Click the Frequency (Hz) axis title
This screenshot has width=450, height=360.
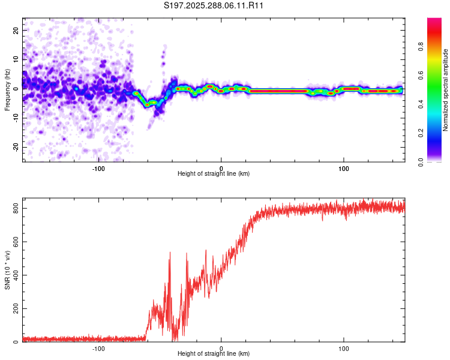click(x=7, y=89)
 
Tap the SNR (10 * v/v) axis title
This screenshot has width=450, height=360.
click(x=7, y=274)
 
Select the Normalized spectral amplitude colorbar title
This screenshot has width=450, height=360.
click(x=445, y=89)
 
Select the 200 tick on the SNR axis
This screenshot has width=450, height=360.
click(x=13, y=309)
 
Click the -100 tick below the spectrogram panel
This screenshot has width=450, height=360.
click(x=98, y=167)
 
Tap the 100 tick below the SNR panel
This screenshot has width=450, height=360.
click(x=344, y=348)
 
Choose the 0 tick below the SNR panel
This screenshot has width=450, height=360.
click(x=221, y=348)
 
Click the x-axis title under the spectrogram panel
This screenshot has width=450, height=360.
click(x=214, y=174)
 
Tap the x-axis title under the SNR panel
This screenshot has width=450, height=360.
click(x=214, y=355)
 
